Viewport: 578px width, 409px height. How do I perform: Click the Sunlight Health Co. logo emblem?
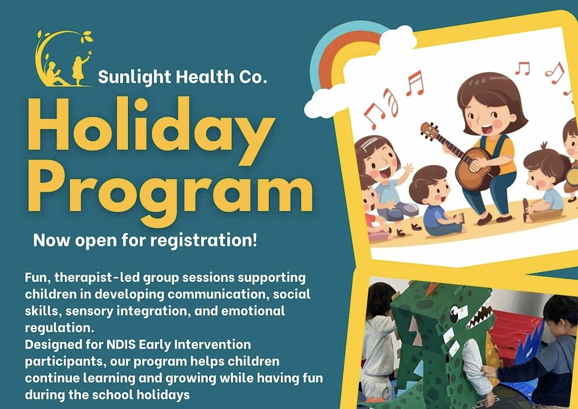click(x=64, y=59)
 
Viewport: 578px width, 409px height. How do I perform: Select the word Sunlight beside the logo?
click(x=135, y=77)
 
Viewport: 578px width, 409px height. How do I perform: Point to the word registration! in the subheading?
click(x=204, y=241)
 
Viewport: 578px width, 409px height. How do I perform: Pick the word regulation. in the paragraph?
click(x=59, y=328)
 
